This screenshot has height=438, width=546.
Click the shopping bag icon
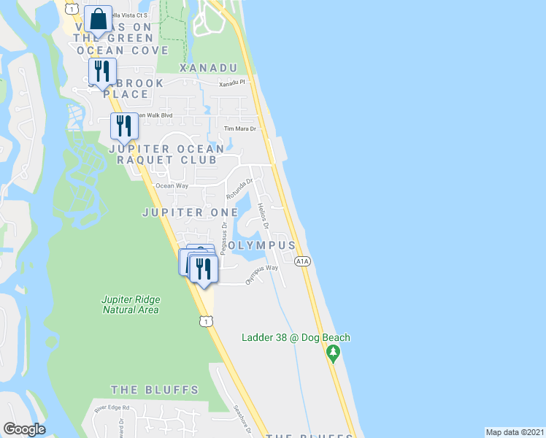[97, 20]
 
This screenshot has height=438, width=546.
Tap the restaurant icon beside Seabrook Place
[101, 71]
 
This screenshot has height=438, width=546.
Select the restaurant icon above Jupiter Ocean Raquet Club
[123, 126]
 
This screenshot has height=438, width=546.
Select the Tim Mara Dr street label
[240, 129]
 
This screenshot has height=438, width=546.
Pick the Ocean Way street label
[172, 186]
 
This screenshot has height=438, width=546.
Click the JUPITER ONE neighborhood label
[180, 212]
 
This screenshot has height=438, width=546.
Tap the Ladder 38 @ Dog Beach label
[296, 337]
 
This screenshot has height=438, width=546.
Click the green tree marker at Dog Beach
[334, 354]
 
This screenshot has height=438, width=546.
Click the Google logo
[24, 429]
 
